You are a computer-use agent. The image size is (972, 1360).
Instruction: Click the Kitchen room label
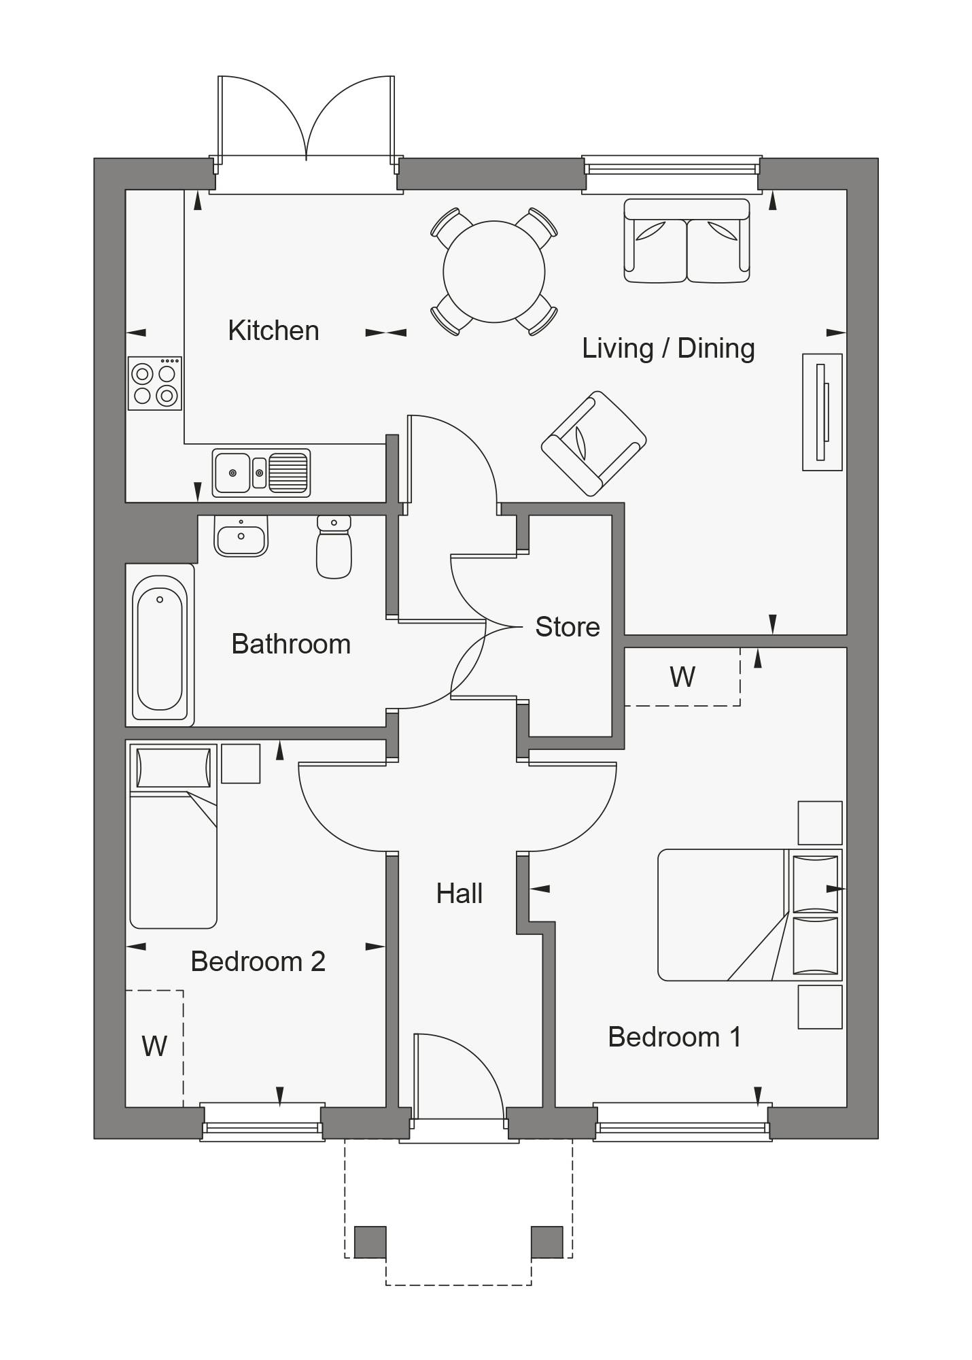(273, 330)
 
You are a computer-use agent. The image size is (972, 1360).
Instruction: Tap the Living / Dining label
(667, 348)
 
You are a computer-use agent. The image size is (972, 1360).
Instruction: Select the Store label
(567, 627)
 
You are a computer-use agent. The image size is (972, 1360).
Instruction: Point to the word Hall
(459, 894)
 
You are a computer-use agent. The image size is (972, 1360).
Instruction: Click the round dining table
(493, 271)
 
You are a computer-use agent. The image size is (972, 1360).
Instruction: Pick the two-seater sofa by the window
(687, 241)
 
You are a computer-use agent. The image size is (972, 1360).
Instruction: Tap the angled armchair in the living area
(593, 443)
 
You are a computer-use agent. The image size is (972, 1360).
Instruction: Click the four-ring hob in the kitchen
(155, 384)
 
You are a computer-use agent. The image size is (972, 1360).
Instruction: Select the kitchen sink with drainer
(261, 472)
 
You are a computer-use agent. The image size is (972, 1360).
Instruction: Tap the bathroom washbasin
(241, 537)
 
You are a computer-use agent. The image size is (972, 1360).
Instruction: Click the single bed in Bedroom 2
(173, 836)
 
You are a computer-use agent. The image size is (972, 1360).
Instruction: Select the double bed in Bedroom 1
(748, 915)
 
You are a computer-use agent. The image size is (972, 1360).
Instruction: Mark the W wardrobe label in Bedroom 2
(154, 1047)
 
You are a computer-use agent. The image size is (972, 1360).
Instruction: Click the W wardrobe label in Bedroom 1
(682, 677)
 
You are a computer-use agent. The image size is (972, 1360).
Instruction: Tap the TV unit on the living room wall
(822, 412)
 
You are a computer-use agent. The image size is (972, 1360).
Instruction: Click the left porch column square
(370, 1242)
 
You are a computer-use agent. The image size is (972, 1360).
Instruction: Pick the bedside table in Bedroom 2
(241, 764)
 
